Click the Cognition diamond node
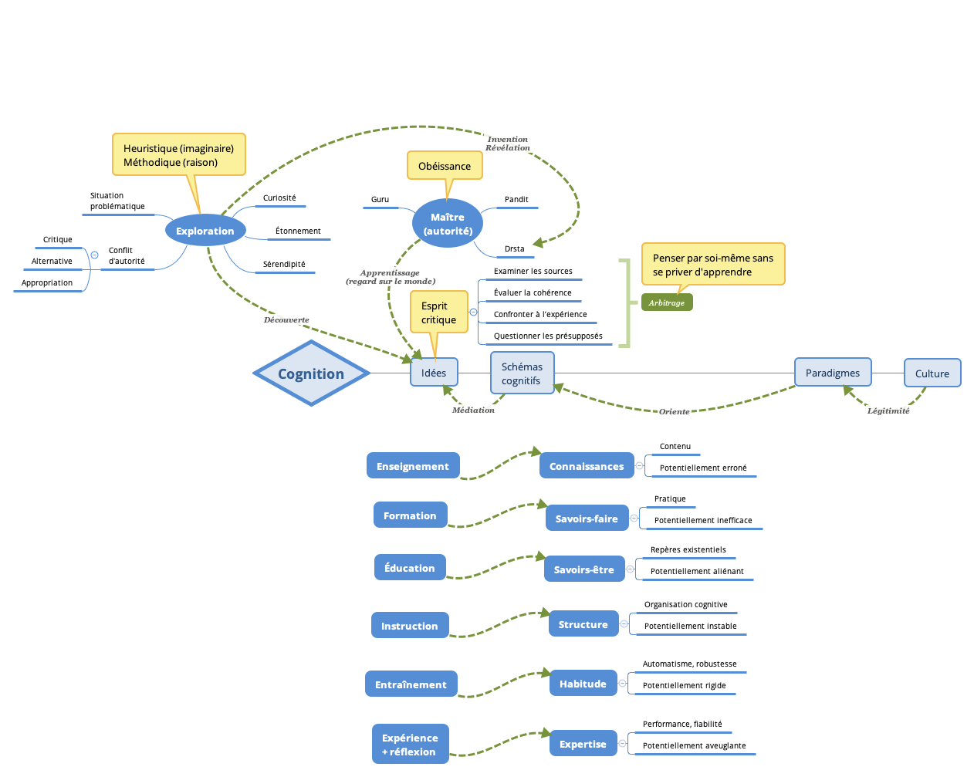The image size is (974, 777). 311,373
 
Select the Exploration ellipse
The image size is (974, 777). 205,231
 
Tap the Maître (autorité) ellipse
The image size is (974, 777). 448,224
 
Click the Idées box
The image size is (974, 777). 434,373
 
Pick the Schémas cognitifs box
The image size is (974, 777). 522,373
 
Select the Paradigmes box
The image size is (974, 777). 833,373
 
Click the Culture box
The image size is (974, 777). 932,373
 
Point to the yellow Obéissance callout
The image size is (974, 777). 445,166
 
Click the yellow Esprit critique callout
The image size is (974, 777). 438,312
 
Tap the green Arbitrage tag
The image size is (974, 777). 667,302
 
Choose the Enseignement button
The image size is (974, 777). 413,466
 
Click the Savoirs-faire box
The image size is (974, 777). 587,519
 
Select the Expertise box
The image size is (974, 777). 583,744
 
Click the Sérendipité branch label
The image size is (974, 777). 284,264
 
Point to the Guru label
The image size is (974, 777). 380,199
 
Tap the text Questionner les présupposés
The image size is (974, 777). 548,336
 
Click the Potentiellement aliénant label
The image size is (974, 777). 697,571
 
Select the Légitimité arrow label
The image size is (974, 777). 888,410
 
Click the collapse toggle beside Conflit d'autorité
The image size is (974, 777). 94,255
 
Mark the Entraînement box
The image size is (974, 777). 411,684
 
